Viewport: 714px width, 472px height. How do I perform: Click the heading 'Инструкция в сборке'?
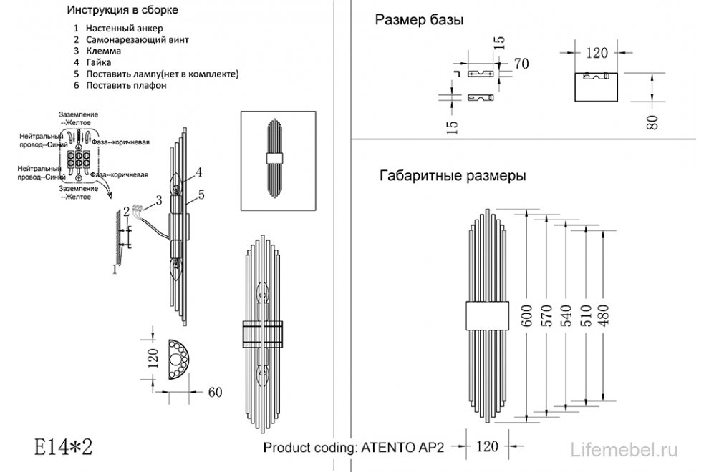coord(122,11)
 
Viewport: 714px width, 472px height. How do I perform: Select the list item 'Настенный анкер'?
coord(118,28)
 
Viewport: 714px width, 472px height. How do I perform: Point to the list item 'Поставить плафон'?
coord(126,85)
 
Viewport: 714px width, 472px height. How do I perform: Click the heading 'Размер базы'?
coord(419,21)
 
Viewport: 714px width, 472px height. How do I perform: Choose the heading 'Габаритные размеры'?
coord(451,175)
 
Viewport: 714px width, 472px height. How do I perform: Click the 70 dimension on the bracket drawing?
coord(521,64)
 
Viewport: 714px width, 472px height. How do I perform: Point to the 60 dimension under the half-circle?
coord(215,391)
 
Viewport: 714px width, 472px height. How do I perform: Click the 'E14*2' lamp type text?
coord(64,448)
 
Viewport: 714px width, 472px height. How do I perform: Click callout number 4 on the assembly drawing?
coord(198,172)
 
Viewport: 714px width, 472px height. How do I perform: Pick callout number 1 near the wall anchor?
coord(114,270)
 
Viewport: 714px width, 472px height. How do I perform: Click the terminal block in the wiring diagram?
coord(77,162)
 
